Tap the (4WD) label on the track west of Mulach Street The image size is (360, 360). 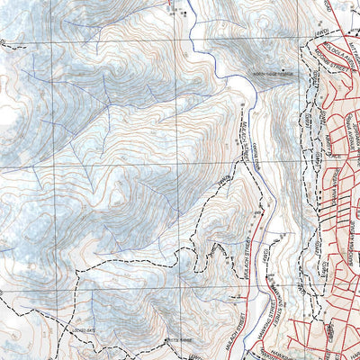(223, 184)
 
